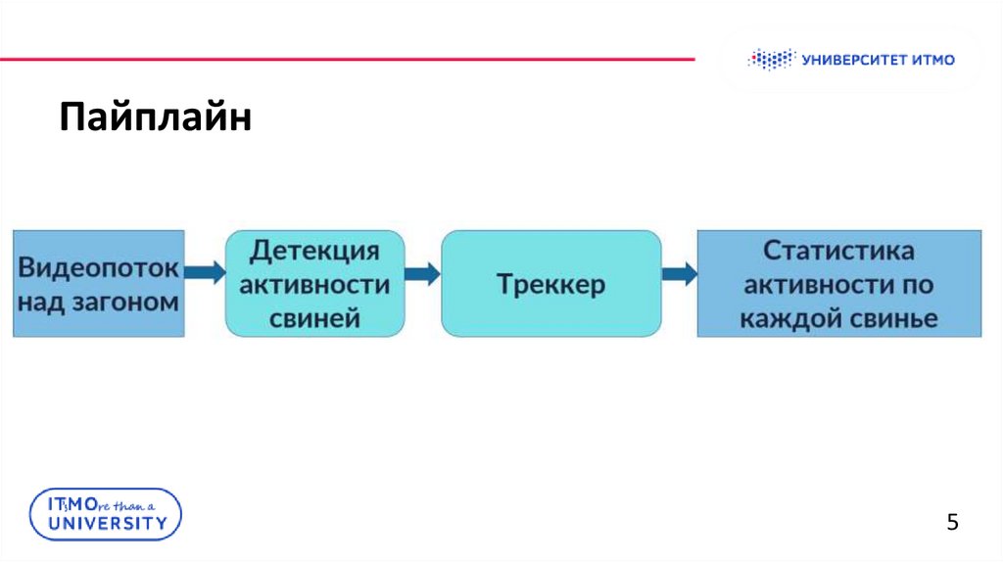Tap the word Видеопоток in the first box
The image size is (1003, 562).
[x=99, y=267]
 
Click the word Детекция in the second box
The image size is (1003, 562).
[x=314, y=251]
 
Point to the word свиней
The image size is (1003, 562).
[x=314, y=318]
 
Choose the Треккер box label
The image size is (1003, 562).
[x=550, y=285]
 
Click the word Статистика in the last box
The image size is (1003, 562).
[x=839, y=251]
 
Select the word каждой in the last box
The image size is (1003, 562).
[x=787, y=318]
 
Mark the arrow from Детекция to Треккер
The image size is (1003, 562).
[x=423, y=273]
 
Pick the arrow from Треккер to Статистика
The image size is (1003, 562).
[x=679, y=273]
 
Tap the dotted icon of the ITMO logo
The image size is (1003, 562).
[x=771, y=60]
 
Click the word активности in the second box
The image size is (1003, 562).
[x=314, y=285]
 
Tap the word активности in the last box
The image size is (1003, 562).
[x=816, y=285]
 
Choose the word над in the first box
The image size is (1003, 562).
[x=41, y=302]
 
